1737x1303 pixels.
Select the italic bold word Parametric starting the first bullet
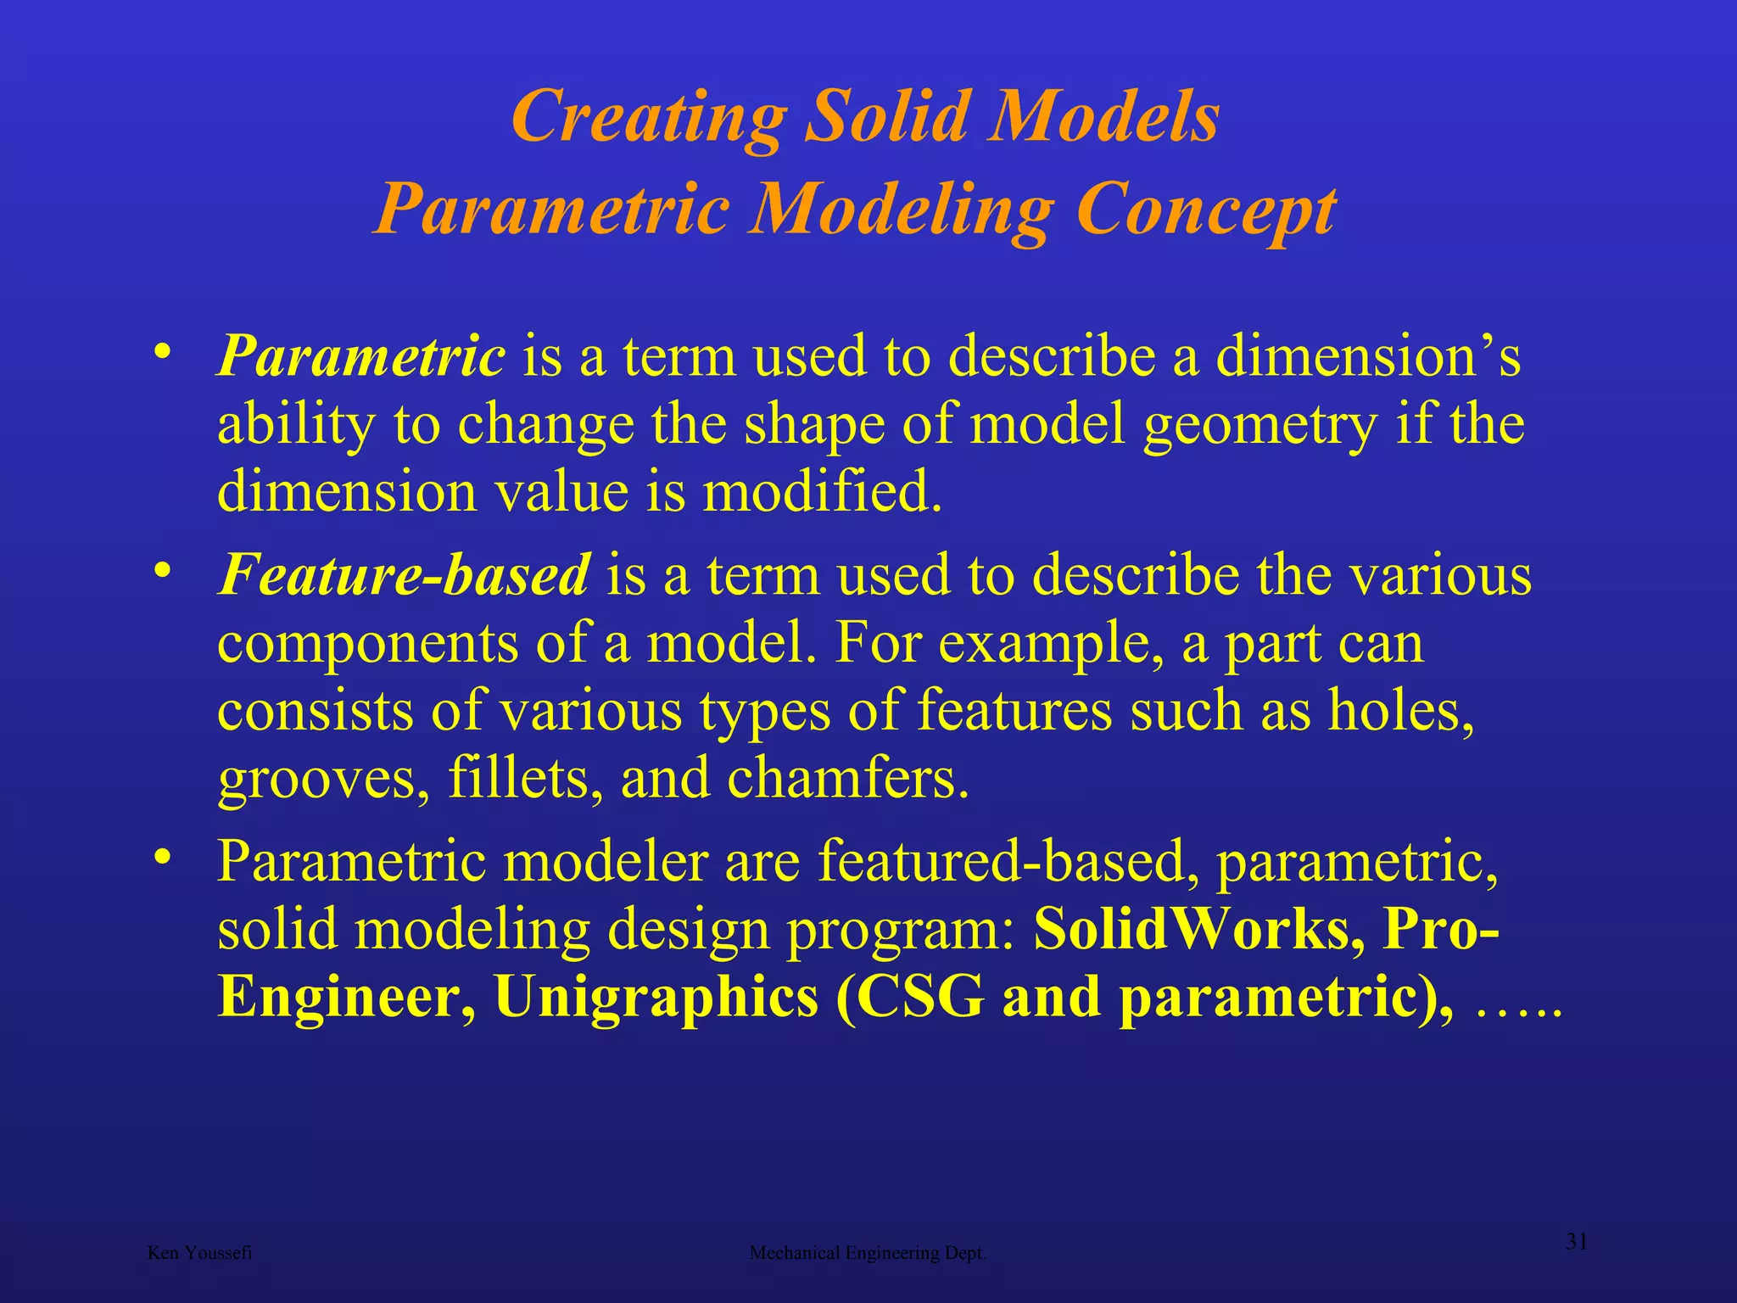[x=361, y=356]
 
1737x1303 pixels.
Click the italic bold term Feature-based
[x=403, y=575]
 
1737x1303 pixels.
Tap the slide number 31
[x=1576, y=1242]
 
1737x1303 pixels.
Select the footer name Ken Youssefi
[x=199, y=1253]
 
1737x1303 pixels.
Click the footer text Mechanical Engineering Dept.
[x=868, y=1253]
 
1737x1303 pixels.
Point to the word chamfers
[x=847, y=779]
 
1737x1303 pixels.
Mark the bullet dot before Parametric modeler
[x=162, y=857]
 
